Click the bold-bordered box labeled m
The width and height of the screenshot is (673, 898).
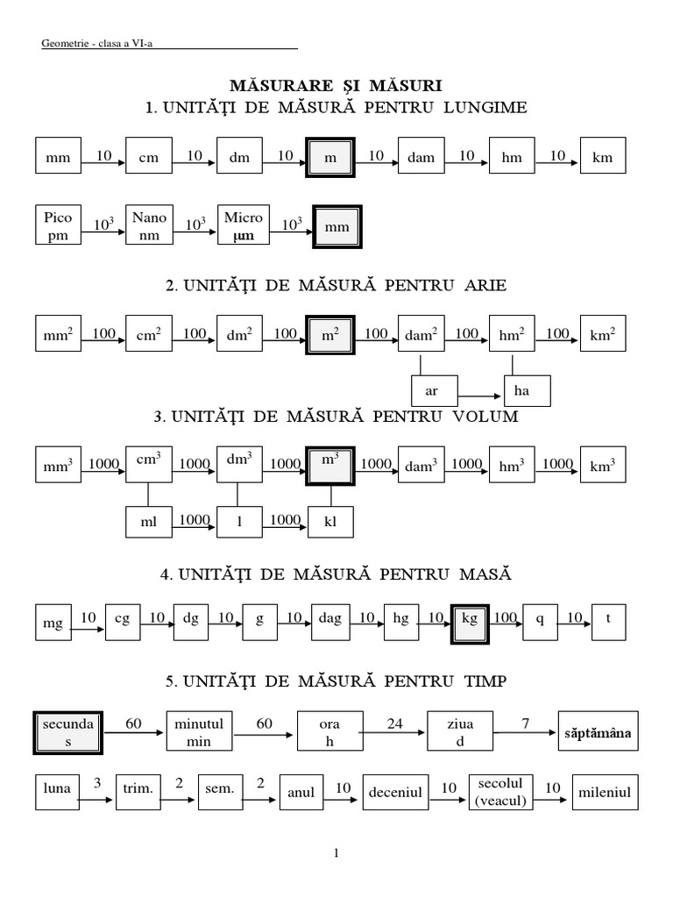click(330, 159)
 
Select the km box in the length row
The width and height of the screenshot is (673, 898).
click(602, 159)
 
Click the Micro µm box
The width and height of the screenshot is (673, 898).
click(243, 226)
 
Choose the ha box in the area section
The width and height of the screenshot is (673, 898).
click(528, 391)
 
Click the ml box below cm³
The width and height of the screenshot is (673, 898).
click(148, 522)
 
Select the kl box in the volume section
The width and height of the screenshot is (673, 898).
click(330, 522)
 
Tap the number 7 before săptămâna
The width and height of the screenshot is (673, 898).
click(525, 723)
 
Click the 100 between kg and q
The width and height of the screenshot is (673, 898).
click(505, 618)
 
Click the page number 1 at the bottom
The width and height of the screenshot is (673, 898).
click(336, 852)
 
